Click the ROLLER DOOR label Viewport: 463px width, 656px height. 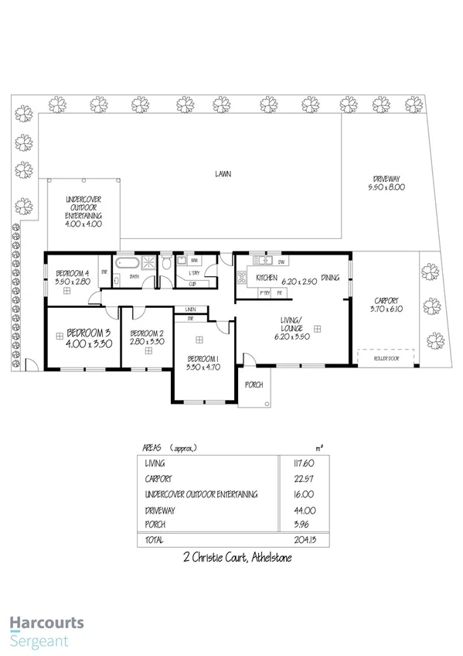click(386, 358)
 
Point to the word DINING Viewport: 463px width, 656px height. click(331, 277)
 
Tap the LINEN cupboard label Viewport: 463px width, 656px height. click(190, 310)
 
